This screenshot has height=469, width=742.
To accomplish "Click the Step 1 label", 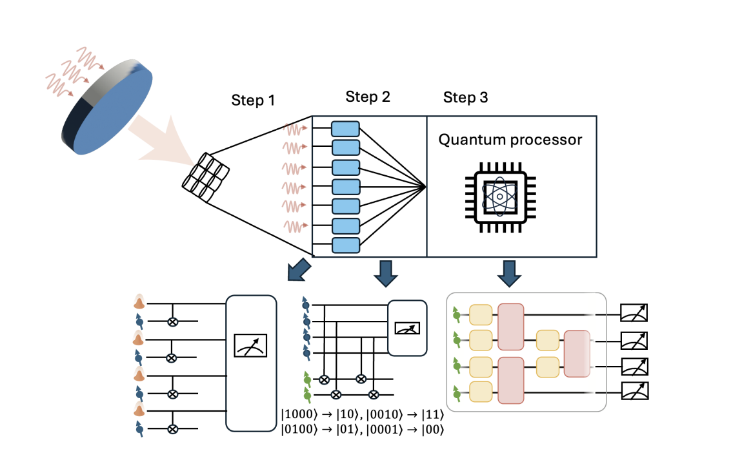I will (252, 101).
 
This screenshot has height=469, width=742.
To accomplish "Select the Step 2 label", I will (367, 97).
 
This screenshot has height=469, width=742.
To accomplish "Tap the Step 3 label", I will (465, 98).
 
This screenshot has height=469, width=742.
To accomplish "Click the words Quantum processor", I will (510, 140).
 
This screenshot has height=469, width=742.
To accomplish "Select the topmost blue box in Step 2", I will (345, 128).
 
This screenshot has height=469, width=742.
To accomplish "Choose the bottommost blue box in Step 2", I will (345, 245).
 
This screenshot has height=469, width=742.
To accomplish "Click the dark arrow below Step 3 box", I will (510, 273).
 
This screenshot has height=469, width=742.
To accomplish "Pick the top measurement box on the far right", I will (633, 313).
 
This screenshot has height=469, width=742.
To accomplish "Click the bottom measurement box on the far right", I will (634, 390).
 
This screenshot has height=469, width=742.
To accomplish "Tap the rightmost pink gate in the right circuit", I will (576, 353).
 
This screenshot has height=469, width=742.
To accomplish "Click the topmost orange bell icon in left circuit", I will (139, 302).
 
